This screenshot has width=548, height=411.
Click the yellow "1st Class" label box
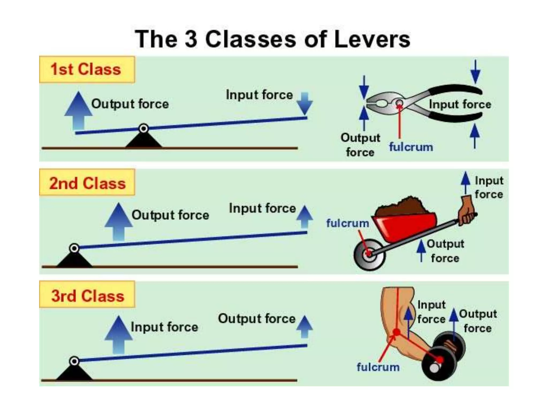coord(87,70)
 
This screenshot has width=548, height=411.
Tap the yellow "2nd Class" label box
coord(87,183)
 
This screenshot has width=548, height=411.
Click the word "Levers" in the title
coord(372,40)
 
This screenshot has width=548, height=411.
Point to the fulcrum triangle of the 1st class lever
coord(144,140)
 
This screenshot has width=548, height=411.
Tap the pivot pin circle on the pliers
coord(399,103)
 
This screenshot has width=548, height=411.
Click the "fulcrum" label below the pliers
coord(411,147)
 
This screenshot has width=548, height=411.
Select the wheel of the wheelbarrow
coord(369,254)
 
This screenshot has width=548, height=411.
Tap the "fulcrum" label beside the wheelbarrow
coord(348,223)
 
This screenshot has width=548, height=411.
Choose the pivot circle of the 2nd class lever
coord(74,248)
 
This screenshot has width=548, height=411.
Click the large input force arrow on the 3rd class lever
coord(119,334)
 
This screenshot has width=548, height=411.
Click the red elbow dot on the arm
coord(396,332)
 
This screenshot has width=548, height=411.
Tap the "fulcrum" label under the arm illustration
coord(378,367)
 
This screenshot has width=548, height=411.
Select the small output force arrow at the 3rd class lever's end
coord(305,326)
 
